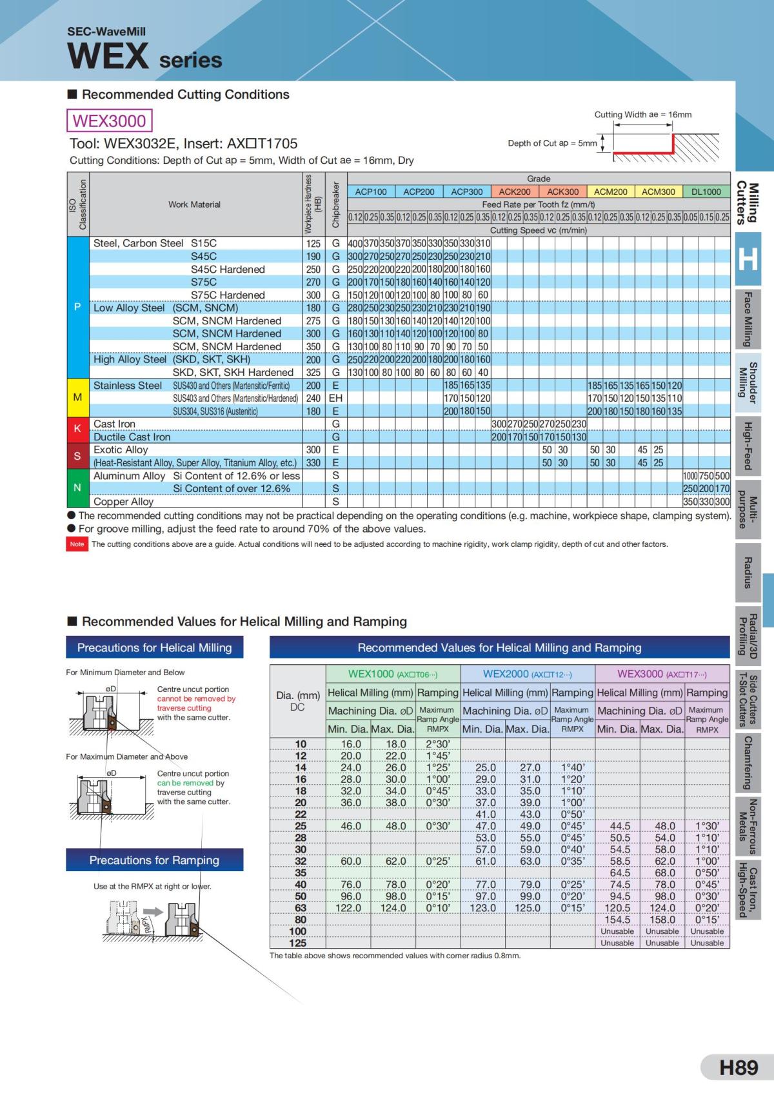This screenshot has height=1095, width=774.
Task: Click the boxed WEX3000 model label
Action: (x=110, y=121)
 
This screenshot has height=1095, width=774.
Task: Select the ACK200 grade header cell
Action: (x=515, y=192)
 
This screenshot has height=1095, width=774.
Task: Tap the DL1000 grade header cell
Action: (x=706, y=192)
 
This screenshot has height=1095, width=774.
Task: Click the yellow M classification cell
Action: (x=77, y=398)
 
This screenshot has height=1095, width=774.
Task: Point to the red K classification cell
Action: (x=77, y=430)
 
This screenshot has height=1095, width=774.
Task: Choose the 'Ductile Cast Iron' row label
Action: (x=132, y=437)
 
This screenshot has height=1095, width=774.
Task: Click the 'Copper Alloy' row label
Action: (x=124, y=502)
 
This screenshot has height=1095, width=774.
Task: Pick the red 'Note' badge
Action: (x=77, y=544)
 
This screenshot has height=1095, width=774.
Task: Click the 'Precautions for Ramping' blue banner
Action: (x=154, y=860)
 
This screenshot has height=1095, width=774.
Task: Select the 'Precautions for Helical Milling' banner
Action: (x=154, y=647)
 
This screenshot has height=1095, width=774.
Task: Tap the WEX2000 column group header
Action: (x=528, y=674)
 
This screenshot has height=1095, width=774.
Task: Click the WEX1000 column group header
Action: (x=393, y=674)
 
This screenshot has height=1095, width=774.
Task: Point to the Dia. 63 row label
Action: (x=301, y=908)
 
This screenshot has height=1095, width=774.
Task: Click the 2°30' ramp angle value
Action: (x=438, y=744)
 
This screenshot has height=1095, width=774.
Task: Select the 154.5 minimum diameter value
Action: (x=617, y=920)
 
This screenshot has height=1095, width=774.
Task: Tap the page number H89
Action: (x=739, y=1067)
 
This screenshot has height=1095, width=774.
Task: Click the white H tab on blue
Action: (x=748, y=259)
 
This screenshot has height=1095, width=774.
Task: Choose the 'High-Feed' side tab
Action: (x=748, y=446)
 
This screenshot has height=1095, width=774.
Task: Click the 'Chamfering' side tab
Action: (x=748, y=763)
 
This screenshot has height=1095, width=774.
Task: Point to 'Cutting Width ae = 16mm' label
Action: (x=642, y=115)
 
